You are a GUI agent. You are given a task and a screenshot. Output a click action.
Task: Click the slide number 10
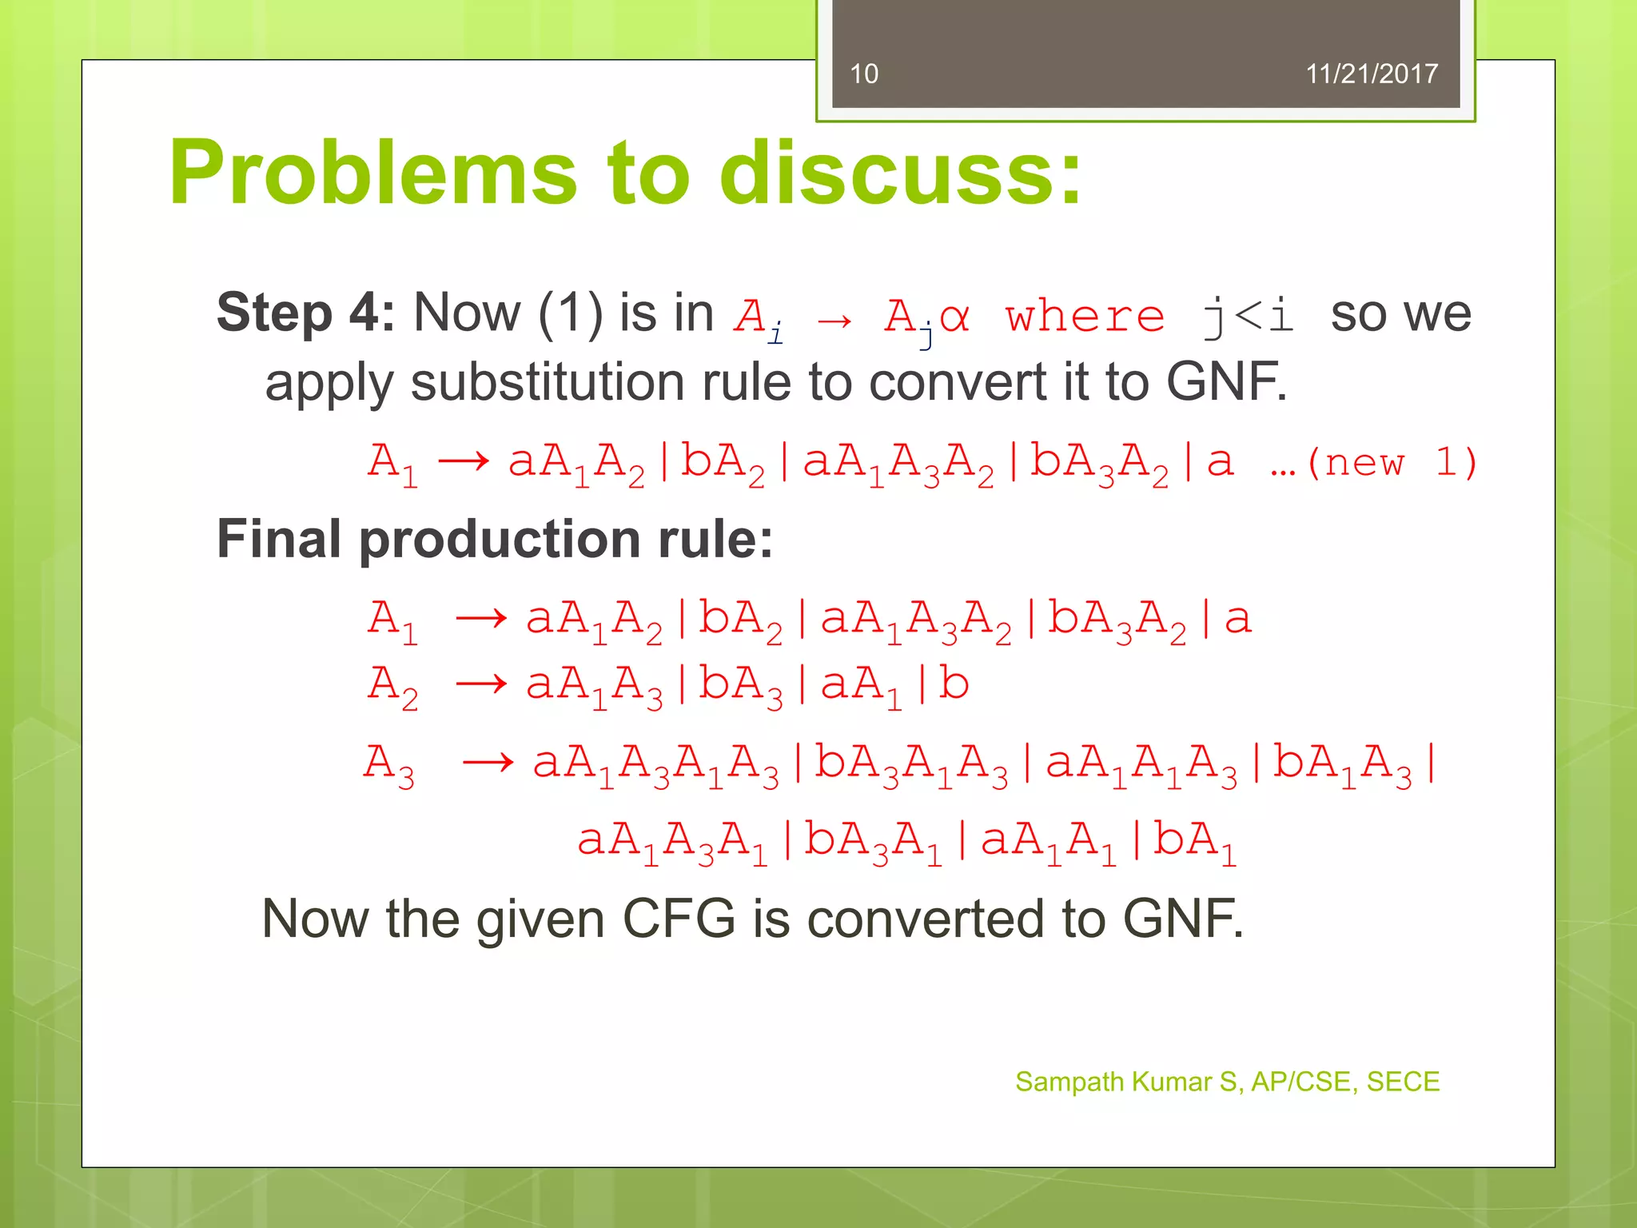pos(863,74)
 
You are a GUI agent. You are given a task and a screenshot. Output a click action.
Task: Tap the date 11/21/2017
pos(1371,74)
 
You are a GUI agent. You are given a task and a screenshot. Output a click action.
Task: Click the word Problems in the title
pos(372,173)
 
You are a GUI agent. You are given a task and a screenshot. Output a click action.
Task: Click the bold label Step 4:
pos(305,313)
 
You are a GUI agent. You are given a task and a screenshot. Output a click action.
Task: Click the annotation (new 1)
pos(1391,462)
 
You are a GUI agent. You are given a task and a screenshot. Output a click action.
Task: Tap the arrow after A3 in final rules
pos(488,762)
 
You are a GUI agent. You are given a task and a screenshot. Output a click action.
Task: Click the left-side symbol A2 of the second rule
pos(392,686)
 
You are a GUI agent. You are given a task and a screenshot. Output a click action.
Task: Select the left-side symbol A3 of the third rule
pos(389,764)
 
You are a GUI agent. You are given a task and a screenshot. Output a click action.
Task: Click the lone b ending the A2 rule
pos(954,684)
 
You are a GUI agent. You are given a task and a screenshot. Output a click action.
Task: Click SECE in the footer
pos(1403,1082)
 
